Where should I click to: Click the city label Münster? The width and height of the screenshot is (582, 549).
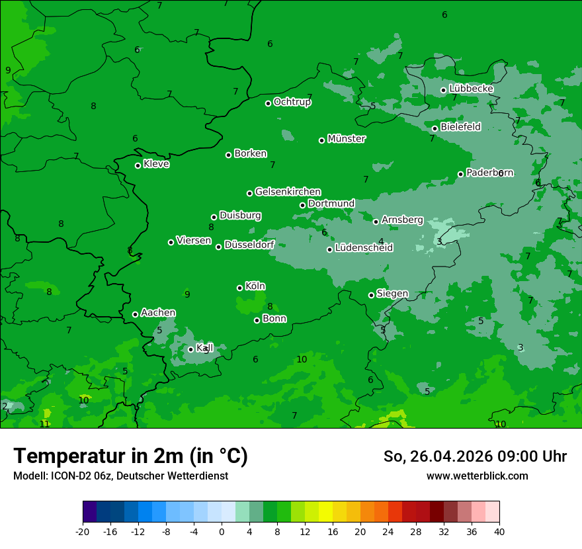point(346,139)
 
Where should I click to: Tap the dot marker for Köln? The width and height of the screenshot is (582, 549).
point(239,288)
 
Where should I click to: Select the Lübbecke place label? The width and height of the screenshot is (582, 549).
point(471,89)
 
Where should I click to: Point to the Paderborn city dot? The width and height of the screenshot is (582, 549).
point(460,174)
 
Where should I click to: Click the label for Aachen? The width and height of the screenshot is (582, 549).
point(158,313)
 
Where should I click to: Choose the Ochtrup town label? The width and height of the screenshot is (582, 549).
point(292,102)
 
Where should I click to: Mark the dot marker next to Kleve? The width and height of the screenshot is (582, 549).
point(138,165)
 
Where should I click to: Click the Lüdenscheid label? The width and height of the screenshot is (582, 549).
point(364,248)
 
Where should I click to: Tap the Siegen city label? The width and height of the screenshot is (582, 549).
point(392,294)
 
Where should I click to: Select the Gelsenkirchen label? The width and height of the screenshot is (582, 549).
point(288,192)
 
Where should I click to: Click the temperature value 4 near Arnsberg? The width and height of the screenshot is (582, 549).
point(381,241)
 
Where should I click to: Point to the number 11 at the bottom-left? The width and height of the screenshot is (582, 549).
point(44,424)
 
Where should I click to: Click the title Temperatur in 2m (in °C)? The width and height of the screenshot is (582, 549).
point(130,456)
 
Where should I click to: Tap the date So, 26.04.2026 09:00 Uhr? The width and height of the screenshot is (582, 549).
point(475,456)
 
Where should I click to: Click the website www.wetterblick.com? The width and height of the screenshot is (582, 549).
point(477,476)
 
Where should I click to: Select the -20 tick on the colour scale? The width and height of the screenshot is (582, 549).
point(83,531)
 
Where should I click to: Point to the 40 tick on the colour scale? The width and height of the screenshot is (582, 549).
point(499,531)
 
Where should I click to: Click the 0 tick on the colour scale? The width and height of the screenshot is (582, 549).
point(222,531)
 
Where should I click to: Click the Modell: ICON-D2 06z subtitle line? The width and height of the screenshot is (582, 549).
point(120,476)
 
